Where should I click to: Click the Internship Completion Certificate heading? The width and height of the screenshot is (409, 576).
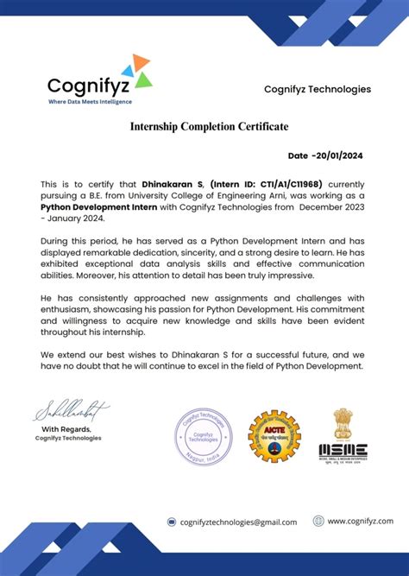tap(209, 127)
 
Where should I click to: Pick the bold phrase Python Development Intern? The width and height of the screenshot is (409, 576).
tap(97, 207)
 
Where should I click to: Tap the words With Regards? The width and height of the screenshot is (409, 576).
tap(67, 429)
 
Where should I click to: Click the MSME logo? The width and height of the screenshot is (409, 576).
tap(343, 450)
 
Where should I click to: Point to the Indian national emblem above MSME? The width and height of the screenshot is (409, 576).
tap(343, 422)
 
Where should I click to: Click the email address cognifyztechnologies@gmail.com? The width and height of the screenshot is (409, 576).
tap(238, 522)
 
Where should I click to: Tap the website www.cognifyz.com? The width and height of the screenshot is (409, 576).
tap(360, 521)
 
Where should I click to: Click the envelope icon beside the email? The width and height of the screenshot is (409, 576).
tap(172, 522)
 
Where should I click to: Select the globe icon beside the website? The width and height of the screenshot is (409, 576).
tap(318, 521)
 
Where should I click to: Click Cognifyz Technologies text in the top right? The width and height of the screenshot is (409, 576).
tap(318, 89)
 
